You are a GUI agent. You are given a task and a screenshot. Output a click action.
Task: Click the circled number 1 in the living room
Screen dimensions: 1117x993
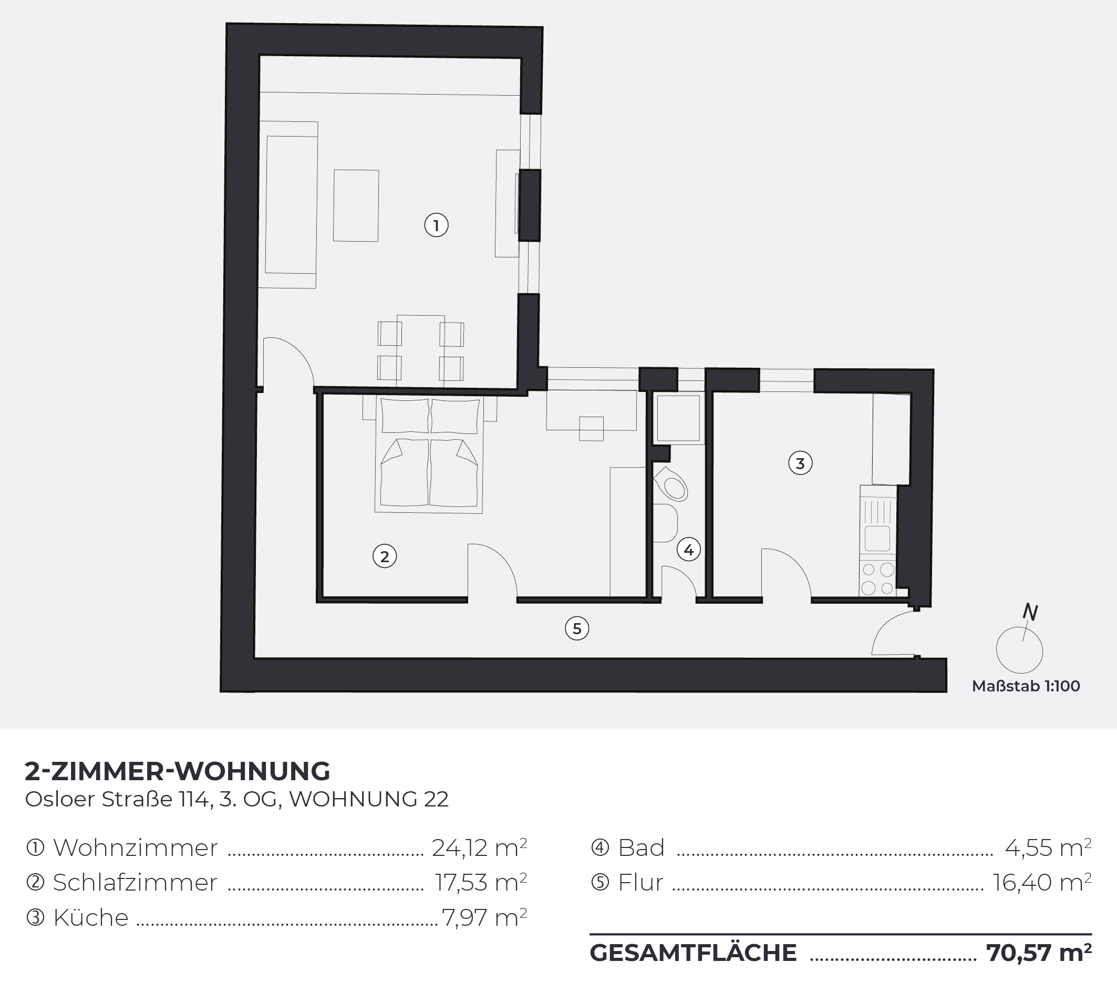pos(436,225)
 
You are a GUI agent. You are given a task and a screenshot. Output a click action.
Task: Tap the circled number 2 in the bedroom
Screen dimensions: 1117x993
pos(385,556)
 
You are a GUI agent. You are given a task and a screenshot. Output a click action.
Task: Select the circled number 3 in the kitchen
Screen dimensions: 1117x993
pos(800,463)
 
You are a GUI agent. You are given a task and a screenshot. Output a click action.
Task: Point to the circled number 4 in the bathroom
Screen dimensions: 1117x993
pos(689,550)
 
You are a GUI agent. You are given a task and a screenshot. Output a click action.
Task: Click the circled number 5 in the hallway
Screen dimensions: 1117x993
pos(577,628)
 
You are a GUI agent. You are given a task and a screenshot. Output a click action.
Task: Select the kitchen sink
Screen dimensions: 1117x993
pos(877,525)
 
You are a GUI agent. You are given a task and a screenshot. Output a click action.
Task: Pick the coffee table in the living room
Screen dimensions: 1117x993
pos(356,205)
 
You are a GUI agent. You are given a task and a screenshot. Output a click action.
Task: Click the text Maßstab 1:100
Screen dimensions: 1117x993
pos(1026,686)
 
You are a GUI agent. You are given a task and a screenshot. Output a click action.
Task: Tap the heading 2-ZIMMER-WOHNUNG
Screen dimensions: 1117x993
pos(178,771)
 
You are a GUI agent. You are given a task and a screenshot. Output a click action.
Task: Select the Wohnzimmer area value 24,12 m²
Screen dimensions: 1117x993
pos(479,847)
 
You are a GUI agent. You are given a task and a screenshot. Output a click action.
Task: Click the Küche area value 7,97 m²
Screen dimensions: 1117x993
pos(484,917)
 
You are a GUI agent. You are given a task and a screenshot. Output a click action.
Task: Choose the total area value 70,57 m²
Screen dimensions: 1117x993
pos(1039,953)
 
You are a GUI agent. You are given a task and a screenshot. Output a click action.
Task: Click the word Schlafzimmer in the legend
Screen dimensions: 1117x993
pos(135,883)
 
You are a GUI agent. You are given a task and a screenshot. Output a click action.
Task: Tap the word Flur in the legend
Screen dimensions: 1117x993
pos(640,883)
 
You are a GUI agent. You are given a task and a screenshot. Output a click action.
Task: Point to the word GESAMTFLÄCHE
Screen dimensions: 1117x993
pos(693,953)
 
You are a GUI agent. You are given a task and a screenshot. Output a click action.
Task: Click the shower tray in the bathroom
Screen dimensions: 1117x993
pos(678,418)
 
